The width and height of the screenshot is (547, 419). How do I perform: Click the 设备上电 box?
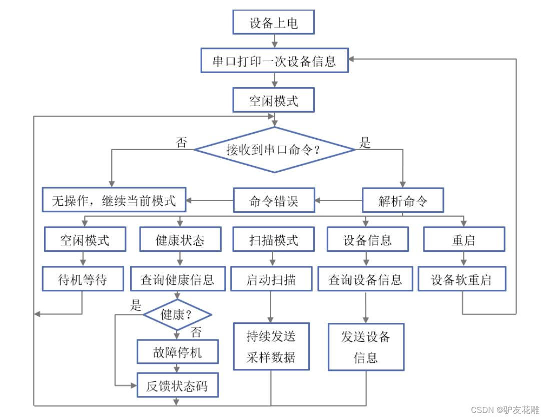pyautogui.click(x=274, y=23)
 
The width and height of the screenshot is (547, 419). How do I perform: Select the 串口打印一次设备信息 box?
pyautogui.click(x=274, y=61)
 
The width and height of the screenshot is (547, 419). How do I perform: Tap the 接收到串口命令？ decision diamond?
pyautogui.click(x=274, y=149)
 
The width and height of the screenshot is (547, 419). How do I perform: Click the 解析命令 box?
pyautogui.click(x=403, y=201)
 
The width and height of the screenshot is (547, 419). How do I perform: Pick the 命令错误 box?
pyautogui.click(x=274, y=201)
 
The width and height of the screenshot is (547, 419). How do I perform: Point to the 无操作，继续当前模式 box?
pyautogui.click(x=114, y=201)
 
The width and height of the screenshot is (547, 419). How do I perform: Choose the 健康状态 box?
pyautogui.click(x=180, y=240)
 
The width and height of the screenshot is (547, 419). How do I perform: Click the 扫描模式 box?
pyautogui.click(x=273, y=240)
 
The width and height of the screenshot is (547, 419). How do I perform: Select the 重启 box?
pyautogui.click(x=463, y=240)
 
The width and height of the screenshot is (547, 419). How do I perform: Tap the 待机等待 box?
pyautogui.click(x=83, y=279)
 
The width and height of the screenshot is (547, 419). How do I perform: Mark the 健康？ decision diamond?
pyautogui.click(x=178, y=315)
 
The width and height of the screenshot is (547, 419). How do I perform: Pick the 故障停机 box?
pyautogui.click(x=178, y=352)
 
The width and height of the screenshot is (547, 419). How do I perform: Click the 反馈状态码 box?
pyautogui.click(x=178, y=385)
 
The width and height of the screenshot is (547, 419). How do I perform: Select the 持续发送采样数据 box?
pyautogui.click(x=271, y=346)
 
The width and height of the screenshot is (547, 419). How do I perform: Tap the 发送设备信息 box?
pyautogui.click(x=366, y=347)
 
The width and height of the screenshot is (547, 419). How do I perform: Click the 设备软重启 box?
pyautogui.click(x=461, y=279)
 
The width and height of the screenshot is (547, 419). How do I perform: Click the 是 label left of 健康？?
pyautogui.click(x=136, y=306)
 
